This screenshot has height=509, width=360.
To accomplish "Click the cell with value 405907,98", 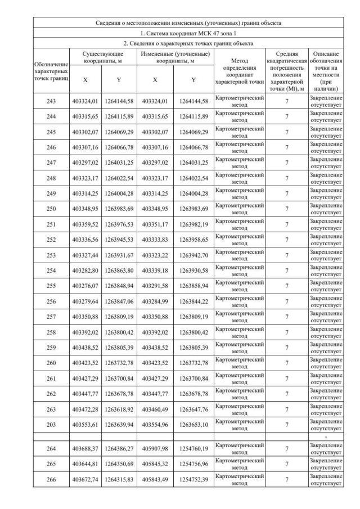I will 155,448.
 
